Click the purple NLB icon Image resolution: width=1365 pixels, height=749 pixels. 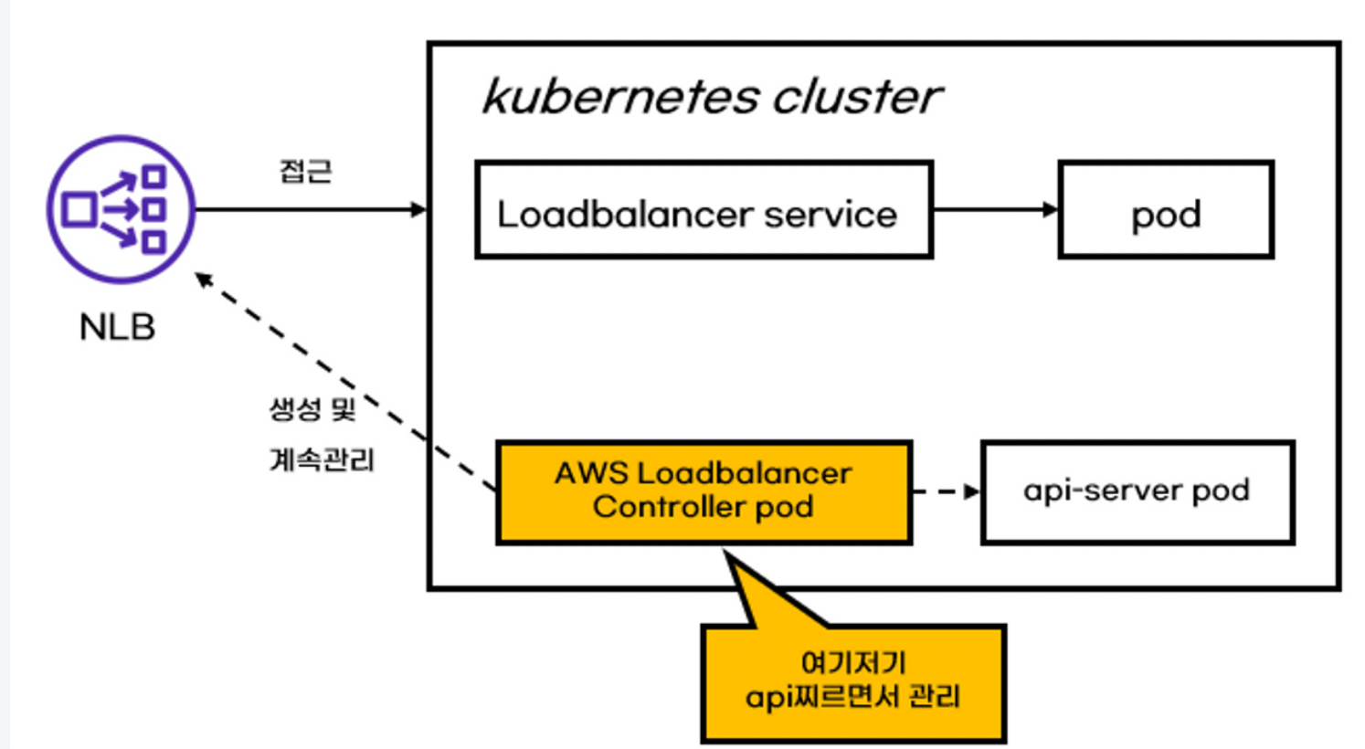(121, 209)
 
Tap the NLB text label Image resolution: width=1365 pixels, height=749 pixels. (117, 327)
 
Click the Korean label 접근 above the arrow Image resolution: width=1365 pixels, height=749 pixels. (305, 171)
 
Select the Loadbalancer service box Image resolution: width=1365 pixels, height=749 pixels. (704, 210)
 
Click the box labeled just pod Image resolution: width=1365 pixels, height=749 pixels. (1166, 210)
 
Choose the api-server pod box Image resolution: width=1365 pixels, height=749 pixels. (1137, 492)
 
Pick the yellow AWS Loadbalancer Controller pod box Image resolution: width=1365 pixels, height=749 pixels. (704, 492)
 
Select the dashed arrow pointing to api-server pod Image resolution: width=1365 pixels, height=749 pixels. (946, 491)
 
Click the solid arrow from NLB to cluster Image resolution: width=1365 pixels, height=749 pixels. (311, 209)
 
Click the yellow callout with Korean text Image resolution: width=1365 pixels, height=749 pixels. (852, 681)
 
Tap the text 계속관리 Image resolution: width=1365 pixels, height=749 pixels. (322, 459)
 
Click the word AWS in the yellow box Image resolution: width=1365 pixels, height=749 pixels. (591, 473)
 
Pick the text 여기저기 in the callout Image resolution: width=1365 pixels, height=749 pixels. (852, 662)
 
